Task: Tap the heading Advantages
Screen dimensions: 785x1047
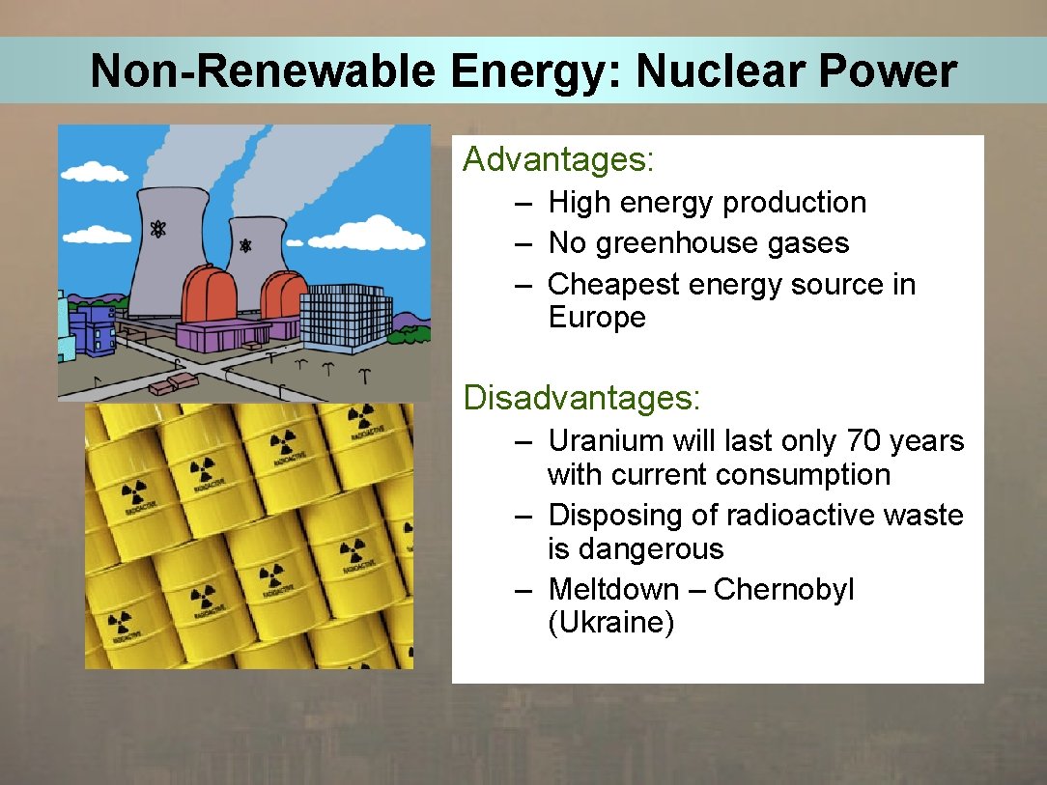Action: [558, 159]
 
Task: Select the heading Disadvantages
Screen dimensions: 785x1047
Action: [581, 397]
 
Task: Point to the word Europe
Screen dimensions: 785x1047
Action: [597, 318]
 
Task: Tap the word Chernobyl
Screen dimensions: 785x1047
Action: [783, 590]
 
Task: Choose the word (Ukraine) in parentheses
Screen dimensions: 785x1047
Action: [610, 623]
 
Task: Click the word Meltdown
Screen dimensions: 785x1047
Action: [613, 590]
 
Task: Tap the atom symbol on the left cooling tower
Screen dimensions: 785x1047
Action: [157, 230]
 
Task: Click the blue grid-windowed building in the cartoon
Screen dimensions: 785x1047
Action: [345, 318]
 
